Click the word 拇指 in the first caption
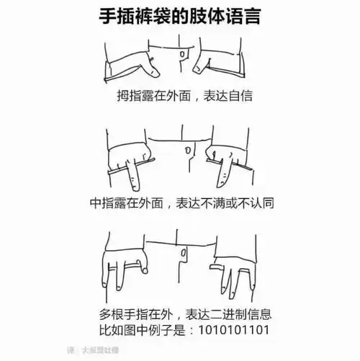click(x=130, y=96)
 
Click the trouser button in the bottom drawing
click(x=185, y=251)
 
